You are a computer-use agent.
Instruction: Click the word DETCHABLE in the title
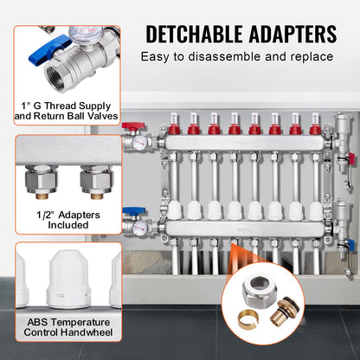(195, 34)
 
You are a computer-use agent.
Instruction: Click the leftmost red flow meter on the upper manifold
(171, 129)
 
